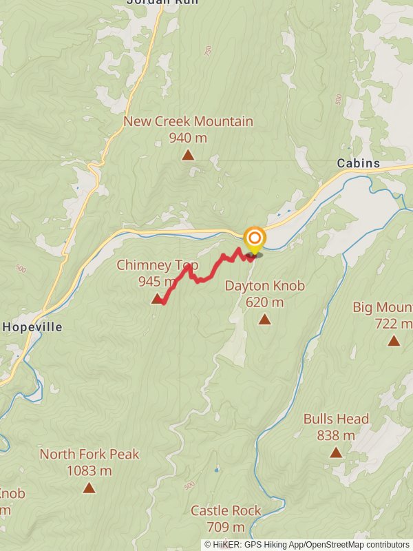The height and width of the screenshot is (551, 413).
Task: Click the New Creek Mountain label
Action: click(188, 122)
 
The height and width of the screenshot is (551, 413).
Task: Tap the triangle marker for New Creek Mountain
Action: click(188, 155)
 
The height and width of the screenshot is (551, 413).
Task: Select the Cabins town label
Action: click(358, 163)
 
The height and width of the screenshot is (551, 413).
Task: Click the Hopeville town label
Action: click(32, 327)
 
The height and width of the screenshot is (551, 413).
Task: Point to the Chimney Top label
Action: click(157, 265)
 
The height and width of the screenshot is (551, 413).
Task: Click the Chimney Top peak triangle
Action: click(157, 299)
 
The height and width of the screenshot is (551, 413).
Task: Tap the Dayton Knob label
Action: click(264, 286)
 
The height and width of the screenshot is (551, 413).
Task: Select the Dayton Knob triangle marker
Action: click(264, 319)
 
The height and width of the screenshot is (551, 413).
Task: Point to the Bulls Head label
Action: click(336, 419)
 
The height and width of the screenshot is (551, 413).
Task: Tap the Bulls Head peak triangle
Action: click(336, 453)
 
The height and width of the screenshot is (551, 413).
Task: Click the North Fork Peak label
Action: click(89, 455)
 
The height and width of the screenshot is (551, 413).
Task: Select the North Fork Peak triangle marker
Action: click(89, 488)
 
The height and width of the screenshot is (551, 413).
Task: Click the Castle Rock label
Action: click(226, 510)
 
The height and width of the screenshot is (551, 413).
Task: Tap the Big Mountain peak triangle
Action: click(394, 340)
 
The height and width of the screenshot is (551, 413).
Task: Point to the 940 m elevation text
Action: click(188, 138)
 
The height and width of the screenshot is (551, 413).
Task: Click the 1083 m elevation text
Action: click(89, 471)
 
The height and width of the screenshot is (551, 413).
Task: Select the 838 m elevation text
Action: click(336, 435)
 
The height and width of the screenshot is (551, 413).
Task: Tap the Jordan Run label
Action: click(162, 2)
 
